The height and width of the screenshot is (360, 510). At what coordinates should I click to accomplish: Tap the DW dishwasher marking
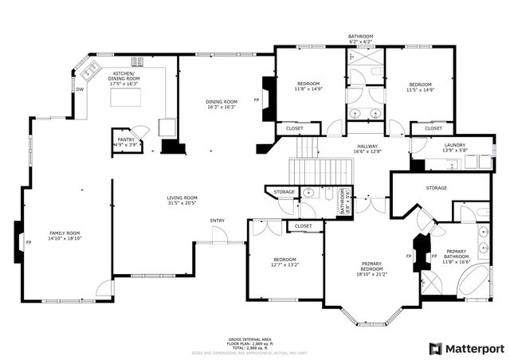click(80, 90)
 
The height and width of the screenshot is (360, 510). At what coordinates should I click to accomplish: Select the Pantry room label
click(126, 141)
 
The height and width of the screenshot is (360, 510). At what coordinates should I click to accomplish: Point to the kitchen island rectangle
click(125, 98)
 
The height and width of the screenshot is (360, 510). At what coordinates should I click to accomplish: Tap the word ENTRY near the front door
click(217, 221)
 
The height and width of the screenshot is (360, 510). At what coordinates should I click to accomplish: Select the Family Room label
click(65, 303)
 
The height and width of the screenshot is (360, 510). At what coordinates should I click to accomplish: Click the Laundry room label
click(455, 147)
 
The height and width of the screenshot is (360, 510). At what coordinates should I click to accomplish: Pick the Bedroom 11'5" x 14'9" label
click(420, 88)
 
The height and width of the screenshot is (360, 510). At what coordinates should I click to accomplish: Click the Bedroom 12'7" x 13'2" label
click(284, 262)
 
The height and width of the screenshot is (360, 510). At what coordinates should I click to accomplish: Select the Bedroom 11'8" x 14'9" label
click(308, 87)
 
